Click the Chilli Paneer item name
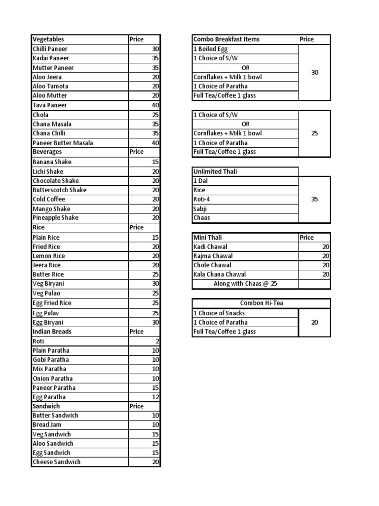[x=50, y=49]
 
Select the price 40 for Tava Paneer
[x=155, y=105]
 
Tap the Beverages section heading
[x=47, y=152]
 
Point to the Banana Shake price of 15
[x=155, y=162]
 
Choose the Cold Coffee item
[x=49, y=199]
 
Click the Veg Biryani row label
[x=48, y=284]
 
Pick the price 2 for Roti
[x=157, y=341]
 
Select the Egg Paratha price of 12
[x=155, y=397]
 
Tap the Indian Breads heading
[x=52, y=332]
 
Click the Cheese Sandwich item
[x=56, y=462]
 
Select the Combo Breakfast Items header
[x=227, y=40]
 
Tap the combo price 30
[x=315, y=73]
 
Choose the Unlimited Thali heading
[x=215, y=171]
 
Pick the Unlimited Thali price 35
[x=315, y=200]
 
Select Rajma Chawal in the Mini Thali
[x=213, y=256]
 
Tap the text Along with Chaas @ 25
[x=245, y=284]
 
